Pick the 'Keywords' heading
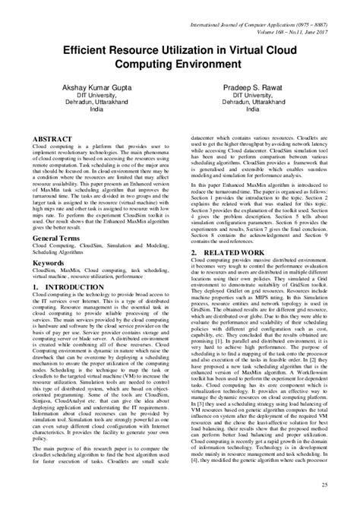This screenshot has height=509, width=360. (46, 262)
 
